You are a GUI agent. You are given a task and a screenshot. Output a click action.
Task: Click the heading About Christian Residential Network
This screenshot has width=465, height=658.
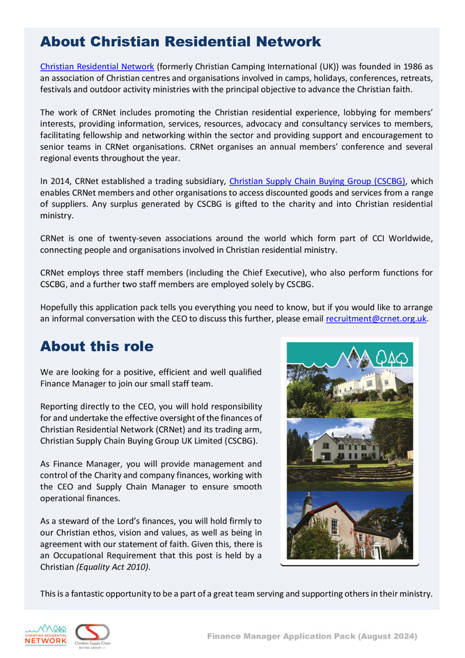180,42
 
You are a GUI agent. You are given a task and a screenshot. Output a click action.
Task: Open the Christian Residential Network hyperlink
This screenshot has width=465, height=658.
97,66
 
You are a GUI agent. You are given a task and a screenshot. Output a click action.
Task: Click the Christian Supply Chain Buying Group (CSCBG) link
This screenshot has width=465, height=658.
317,181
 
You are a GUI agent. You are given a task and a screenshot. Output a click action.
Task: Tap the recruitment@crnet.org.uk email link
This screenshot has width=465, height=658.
376,319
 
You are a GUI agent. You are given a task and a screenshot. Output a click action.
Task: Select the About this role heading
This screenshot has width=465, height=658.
97,346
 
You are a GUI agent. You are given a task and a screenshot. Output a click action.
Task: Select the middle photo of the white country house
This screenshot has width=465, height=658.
349,453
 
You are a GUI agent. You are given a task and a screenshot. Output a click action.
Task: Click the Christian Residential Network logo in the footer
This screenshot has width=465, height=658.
45,635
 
